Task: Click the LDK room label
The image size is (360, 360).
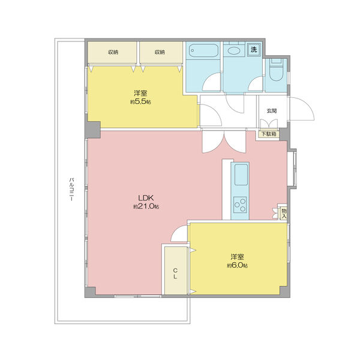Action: (146, 197)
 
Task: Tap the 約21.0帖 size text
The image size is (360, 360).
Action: (146, 206)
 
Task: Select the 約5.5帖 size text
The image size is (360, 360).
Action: (140, 101)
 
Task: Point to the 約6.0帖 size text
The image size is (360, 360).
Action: (237, 265)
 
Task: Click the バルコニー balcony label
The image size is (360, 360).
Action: (71, 189)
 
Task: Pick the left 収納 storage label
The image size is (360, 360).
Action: (113, 52)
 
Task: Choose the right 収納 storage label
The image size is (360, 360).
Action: (160, 52)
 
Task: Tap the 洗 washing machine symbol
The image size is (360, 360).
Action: (254, 49)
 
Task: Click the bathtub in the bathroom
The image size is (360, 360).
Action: (203, 50)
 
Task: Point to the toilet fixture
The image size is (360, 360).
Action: (276, 70)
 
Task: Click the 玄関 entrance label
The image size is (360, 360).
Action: (272, 111)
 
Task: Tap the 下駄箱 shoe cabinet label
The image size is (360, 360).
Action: (269, 134)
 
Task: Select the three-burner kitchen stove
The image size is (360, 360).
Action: (240, 205)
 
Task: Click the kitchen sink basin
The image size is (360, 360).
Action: (241, 175)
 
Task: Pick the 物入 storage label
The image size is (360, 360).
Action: (284, 213)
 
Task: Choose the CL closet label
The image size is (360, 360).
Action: (175, 273)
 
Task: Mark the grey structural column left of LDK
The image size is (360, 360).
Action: (94, 130)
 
